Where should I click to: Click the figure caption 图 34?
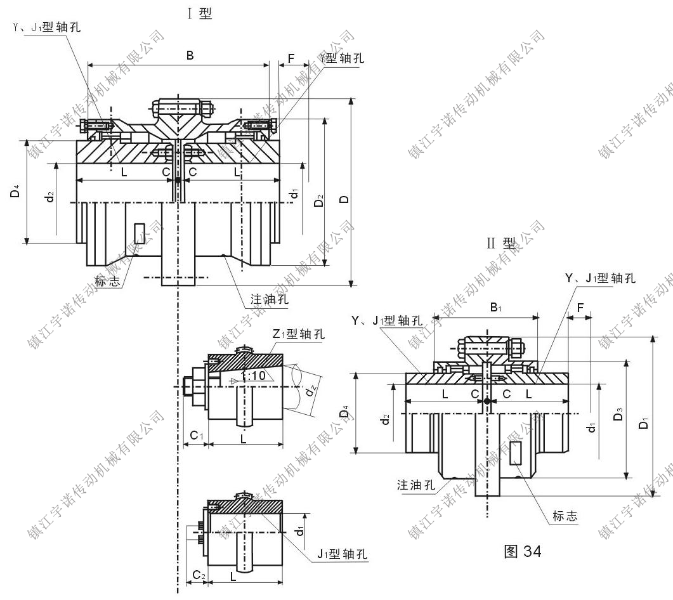click(x=522, y=551)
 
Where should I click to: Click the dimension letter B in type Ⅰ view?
click(x=190, y=56)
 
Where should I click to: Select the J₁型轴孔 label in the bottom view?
click(x=343, y=554)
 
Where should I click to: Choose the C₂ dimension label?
click(x=199, y=575)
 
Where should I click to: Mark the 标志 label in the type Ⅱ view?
click(x=565, y=516)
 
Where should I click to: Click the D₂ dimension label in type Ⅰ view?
click(x=320, y=202)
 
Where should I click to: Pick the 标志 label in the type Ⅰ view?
click(x=107, y=282)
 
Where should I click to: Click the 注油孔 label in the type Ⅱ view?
click(x=416, y=485)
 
